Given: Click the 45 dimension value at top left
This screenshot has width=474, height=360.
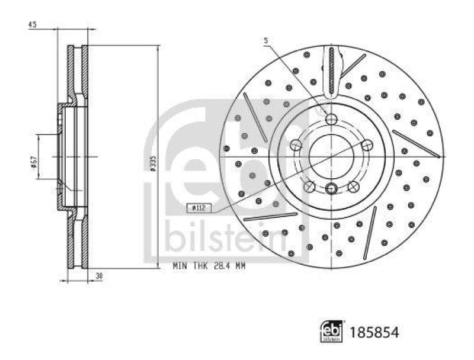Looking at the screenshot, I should tap(32, 25).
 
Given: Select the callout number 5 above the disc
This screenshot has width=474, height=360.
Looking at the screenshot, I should tap(267, 40).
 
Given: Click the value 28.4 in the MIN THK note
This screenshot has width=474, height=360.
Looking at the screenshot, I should tap(217, 267).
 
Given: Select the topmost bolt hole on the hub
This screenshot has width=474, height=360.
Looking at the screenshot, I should tap(331, 119).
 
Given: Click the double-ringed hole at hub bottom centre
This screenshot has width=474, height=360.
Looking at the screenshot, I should tap(331, 189).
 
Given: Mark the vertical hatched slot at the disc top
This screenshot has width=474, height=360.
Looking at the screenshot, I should tap(331, 70).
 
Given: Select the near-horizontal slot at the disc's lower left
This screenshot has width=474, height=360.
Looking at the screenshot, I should tap(270, 217).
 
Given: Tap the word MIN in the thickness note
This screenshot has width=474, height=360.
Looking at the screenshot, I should tap(180, 267).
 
